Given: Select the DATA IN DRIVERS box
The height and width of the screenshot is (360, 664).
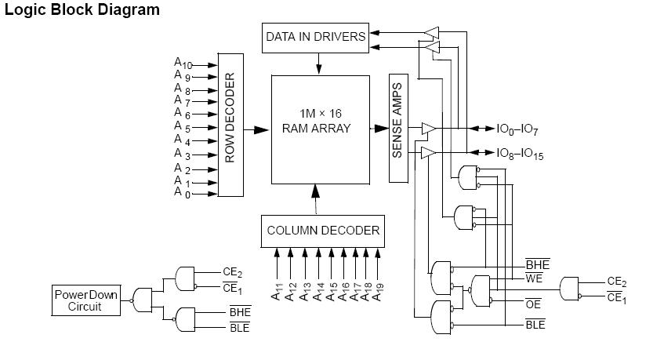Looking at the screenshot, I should (315, 37).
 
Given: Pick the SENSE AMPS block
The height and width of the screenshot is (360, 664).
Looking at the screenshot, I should (397, 129).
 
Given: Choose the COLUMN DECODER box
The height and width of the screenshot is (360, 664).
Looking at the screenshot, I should (323, 231).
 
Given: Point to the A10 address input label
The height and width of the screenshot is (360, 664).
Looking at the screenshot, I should (181, 63).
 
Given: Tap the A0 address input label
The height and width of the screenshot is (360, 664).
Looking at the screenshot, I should (181, 192).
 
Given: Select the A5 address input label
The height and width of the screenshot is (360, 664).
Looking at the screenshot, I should (180, 127).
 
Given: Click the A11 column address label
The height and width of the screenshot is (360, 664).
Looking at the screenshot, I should (278, 293).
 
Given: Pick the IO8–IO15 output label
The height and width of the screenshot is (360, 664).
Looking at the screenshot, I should (520, 155).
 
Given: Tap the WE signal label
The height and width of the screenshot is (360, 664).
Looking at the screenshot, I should (535, 278).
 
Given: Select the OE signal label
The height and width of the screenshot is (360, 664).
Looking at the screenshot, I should (533, 303).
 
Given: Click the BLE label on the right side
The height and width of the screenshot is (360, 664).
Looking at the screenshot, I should (535, 325).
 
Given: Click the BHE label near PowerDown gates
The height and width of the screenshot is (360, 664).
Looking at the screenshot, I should (240, 312).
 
